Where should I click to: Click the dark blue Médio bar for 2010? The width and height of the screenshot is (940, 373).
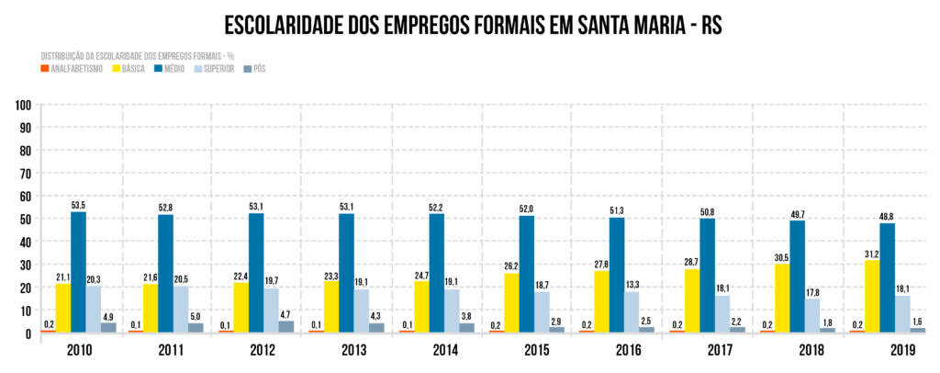tap(78, 272)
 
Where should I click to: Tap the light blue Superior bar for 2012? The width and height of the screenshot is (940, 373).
tap(273, 311)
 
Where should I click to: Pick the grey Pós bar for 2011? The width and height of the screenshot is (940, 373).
tap(196, 327)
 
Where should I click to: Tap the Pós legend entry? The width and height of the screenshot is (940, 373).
tap(260, 69)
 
